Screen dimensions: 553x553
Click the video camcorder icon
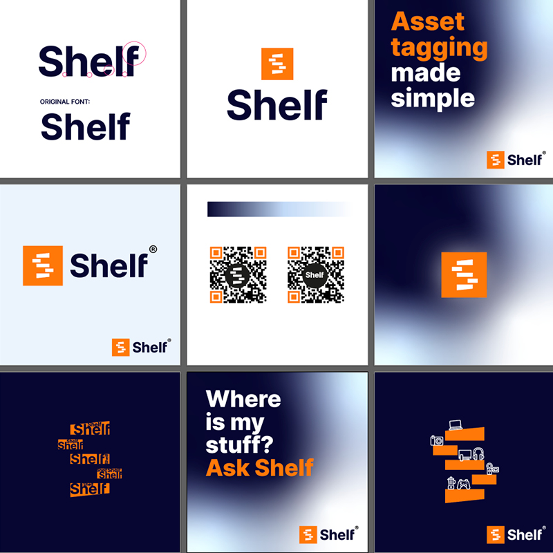491,469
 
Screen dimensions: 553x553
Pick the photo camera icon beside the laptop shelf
436,440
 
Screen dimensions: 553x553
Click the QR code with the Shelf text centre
315,274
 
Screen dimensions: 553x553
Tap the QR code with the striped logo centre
238,274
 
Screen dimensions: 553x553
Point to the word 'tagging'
439,48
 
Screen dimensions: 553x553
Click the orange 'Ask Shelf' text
260,467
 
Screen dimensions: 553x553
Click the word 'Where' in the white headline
243,399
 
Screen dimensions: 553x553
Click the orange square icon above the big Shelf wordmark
277,64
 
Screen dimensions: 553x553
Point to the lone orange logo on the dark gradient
464,275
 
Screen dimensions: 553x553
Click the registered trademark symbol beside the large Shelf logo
153,249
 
